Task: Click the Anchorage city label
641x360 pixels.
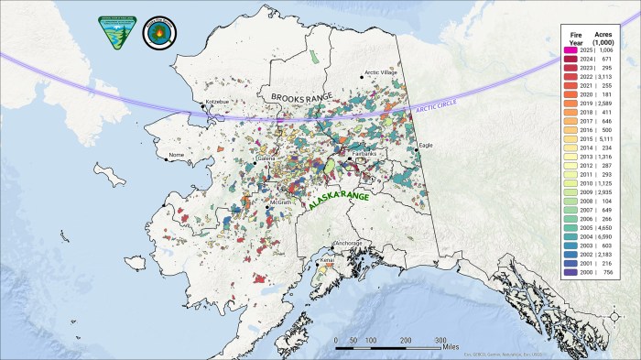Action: click(347, 243)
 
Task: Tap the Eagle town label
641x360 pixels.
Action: click(425, 146)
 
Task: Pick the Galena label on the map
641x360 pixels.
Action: click(266, 158)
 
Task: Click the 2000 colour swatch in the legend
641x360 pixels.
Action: click(570, 273)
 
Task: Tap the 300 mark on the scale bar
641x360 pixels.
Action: click(440, 339)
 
